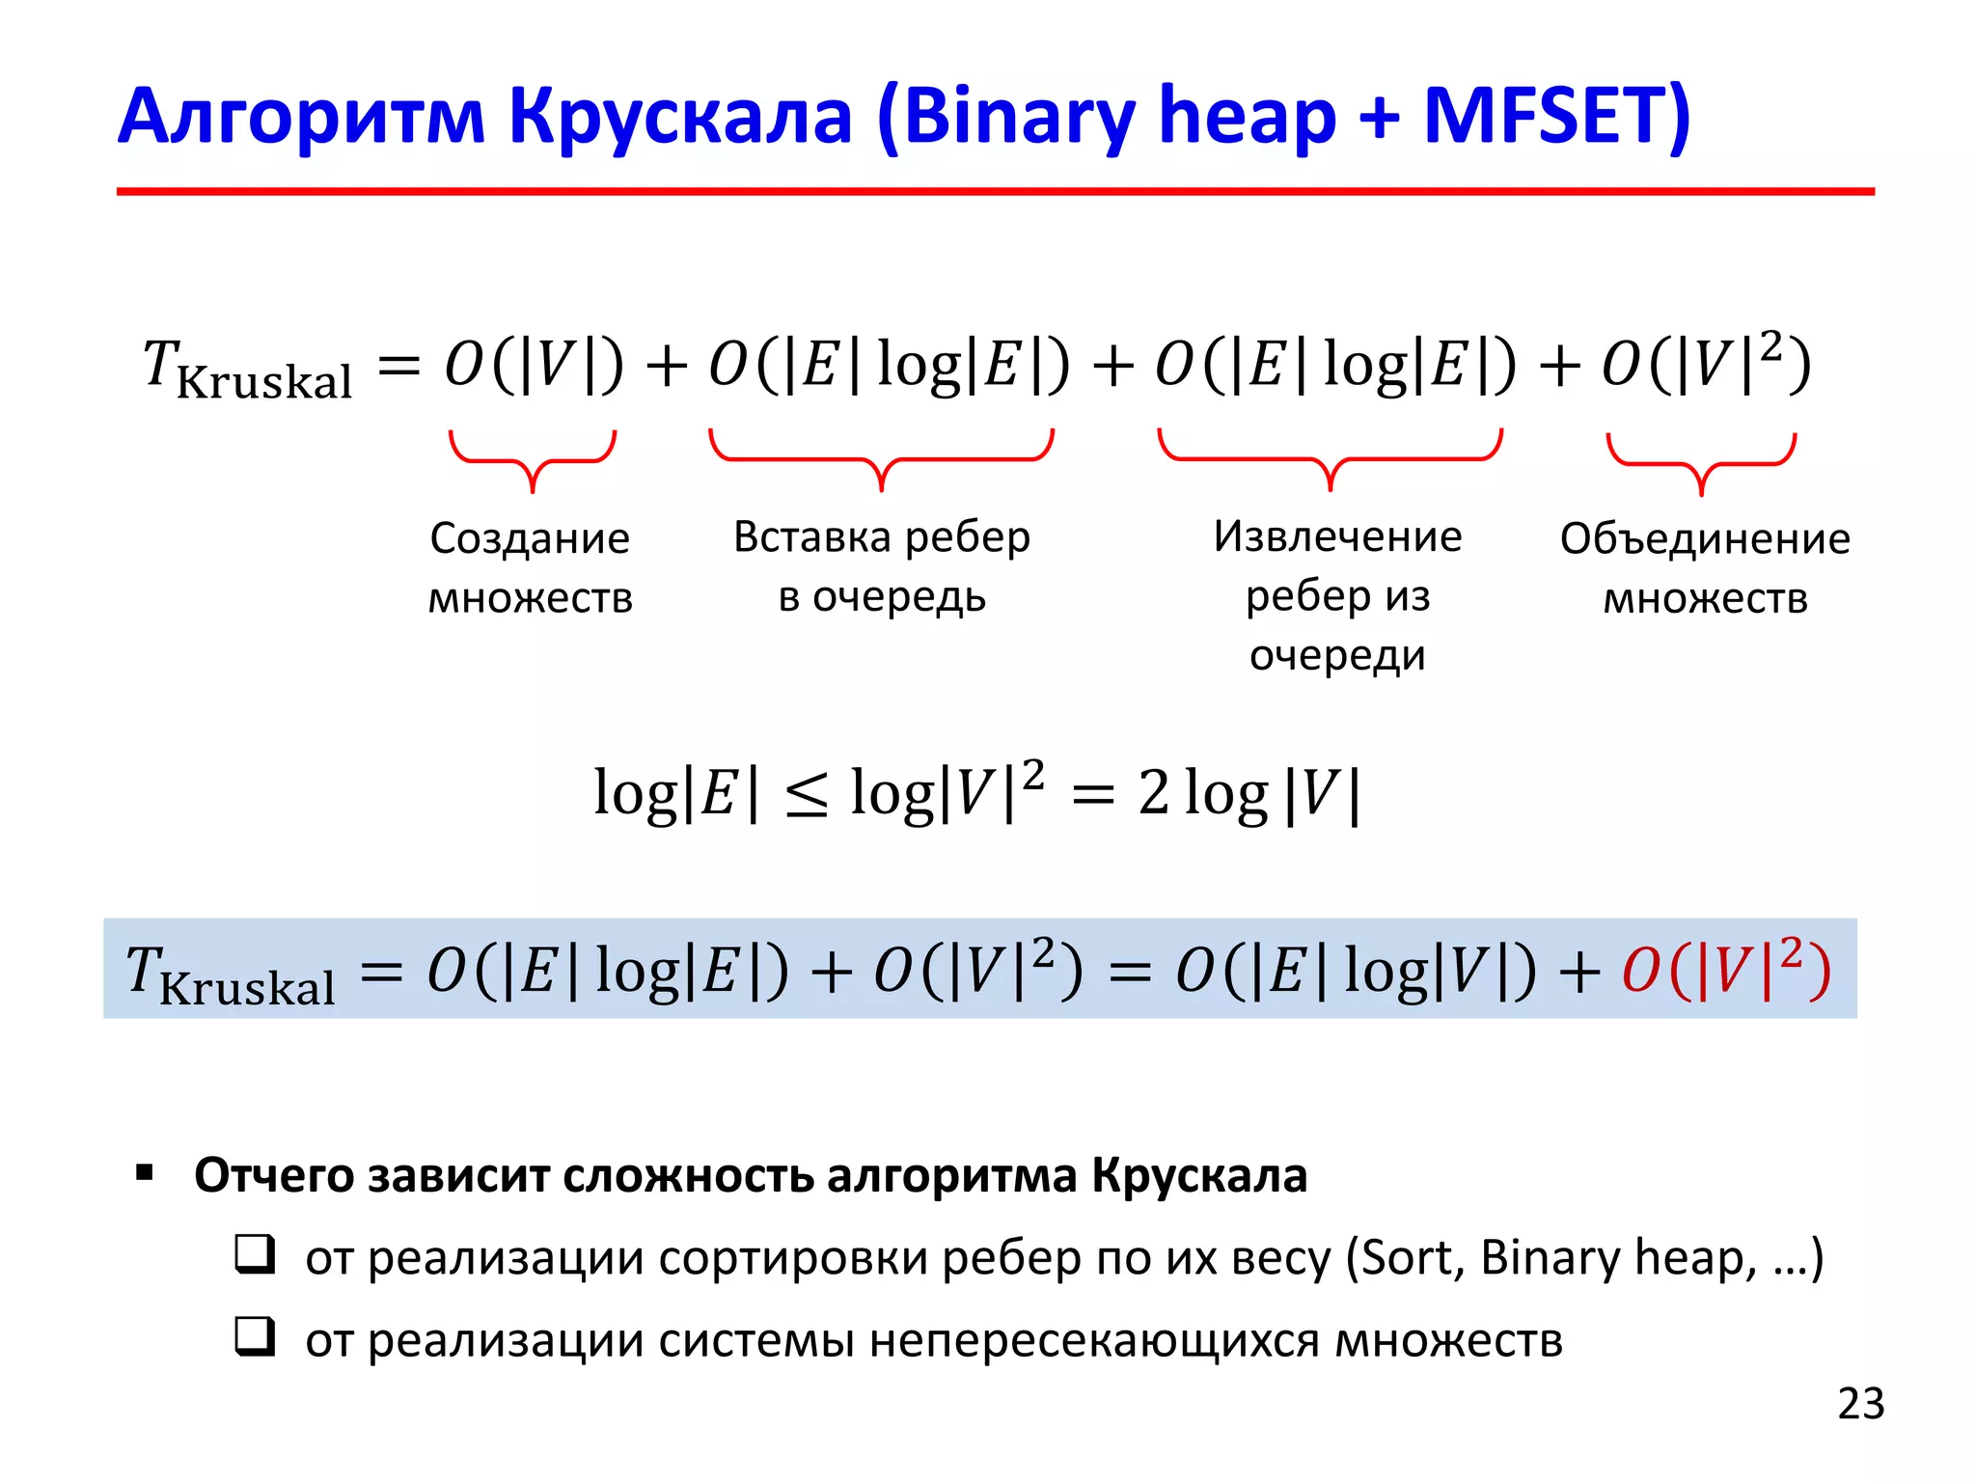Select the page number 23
point(1860,1404)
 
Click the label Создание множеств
point(530,567)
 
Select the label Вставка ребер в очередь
point(882,566)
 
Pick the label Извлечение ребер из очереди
point(1337,595)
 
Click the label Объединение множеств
point(1705,567)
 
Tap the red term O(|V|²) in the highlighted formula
point(1726,969)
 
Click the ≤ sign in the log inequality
point(806,796)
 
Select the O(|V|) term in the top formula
point(534,365)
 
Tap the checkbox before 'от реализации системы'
point(256,1337)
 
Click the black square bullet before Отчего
point(146,1174)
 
